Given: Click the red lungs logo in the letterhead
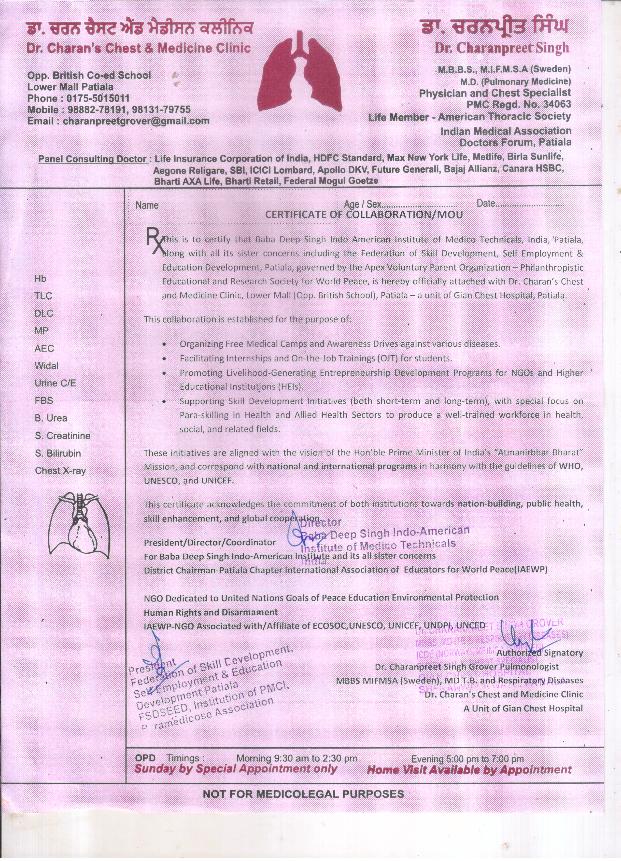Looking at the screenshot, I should (x=300, y=76).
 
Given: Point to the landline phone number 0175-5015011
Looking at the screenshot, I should (x=98, y=98).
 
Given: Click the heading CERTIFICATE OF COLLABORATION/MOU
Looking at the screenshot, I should (x=364, y=215).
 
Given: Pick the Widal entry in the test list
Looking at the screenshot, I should (x=46, y=366).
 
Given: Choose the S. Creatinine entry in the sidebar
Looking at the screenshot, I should (x=62, y=436).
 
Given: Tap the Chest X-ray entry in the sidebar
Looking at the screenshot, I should (x=60, y=470).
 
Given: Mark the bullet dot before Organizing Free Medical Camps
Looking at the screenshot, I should (x=164, y=344).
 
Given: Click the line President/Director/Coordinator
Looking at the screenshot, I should (x=210, y=543).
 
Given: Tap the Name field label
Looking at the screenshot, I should (x=147, y=205).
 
